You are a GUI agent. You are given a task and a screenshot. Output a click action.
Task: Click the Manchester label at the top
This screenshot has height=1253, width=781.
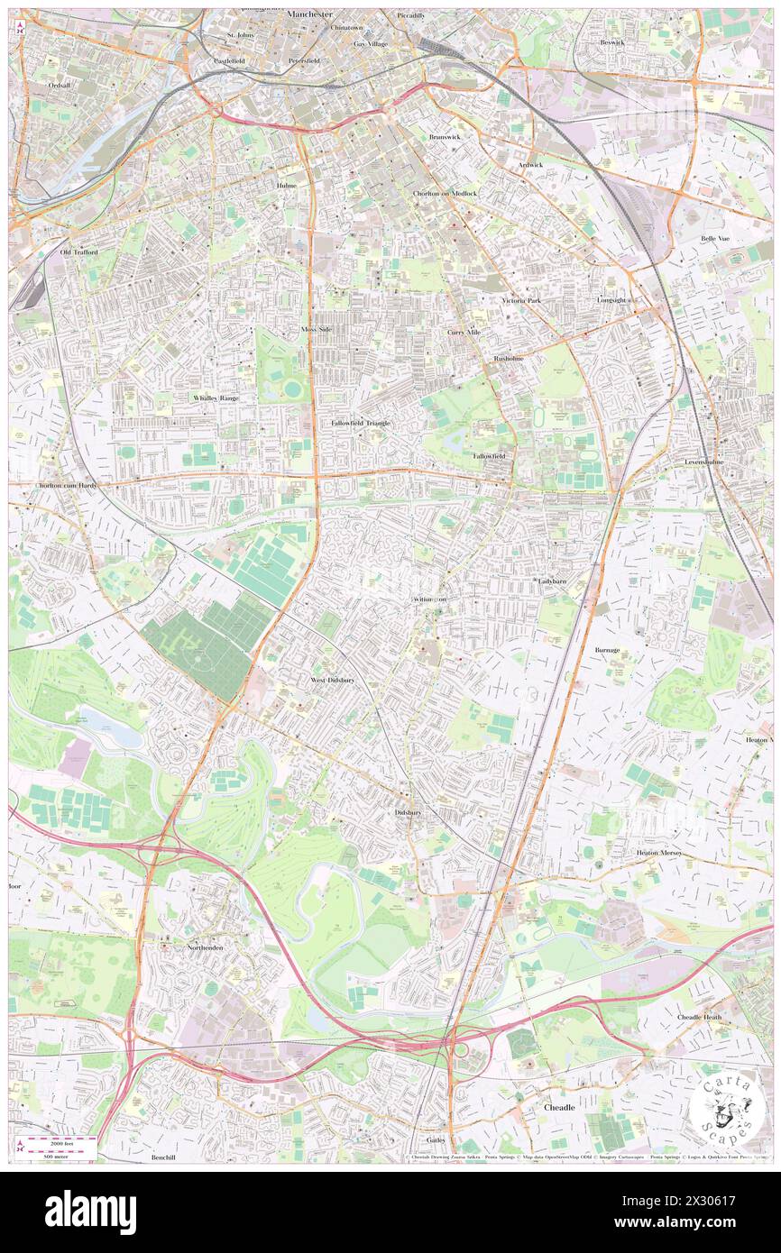310,15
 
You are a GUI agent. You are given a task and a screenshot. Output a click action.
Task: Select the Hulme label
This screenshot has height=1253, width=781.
287,185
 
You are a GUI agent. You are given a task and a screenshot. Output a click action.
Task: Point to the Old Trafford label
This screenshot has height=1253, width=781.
78,252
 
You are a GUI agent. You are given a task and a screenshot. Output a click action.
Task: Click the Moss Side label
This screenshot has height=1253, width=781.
317,330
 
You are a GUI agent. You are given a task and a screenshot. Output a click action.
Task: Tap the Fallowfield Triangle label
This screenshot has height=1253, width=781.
361,423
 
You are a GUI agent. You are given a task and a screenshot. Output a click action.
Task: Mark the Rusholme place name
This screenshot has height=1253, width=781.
508,358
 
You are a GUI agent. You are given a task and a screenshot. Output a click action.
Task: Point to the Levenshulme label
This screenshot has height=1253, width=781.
703,462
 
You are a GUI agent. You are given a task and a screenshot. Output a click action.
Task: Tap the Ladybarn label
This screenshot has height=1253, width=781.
551,581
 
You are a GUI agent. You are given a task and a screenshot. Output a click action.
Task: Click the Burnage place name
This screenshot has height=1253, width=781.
608,649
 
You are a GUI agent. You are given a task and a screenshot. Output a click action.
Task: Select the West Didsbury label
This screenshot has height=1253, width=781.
332,680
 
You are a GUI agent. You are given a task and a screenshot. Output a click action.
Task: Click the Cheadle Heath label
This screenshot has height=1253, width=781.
699,1017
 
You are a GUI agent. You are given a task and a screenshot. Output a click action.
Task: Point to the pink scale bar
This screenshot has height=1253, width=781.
59,1141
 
